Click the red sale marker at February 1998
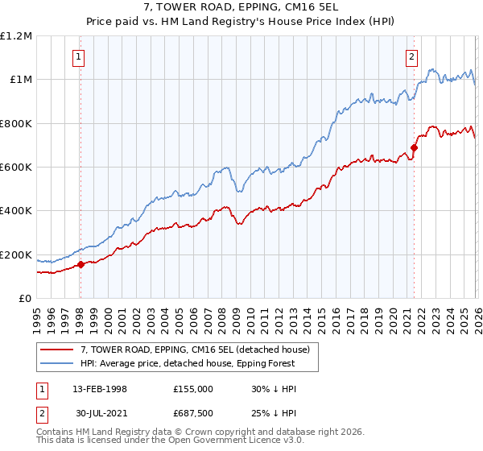80,264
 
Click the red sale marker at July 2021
414,147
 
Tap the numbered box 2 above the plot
411,56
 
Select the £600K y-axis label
16,167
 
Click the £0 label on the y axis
26,298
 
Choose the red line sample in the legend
58,349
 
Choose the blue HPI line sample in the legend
58,363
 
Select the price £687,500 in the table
192,414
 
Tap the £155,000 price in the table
192,388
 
